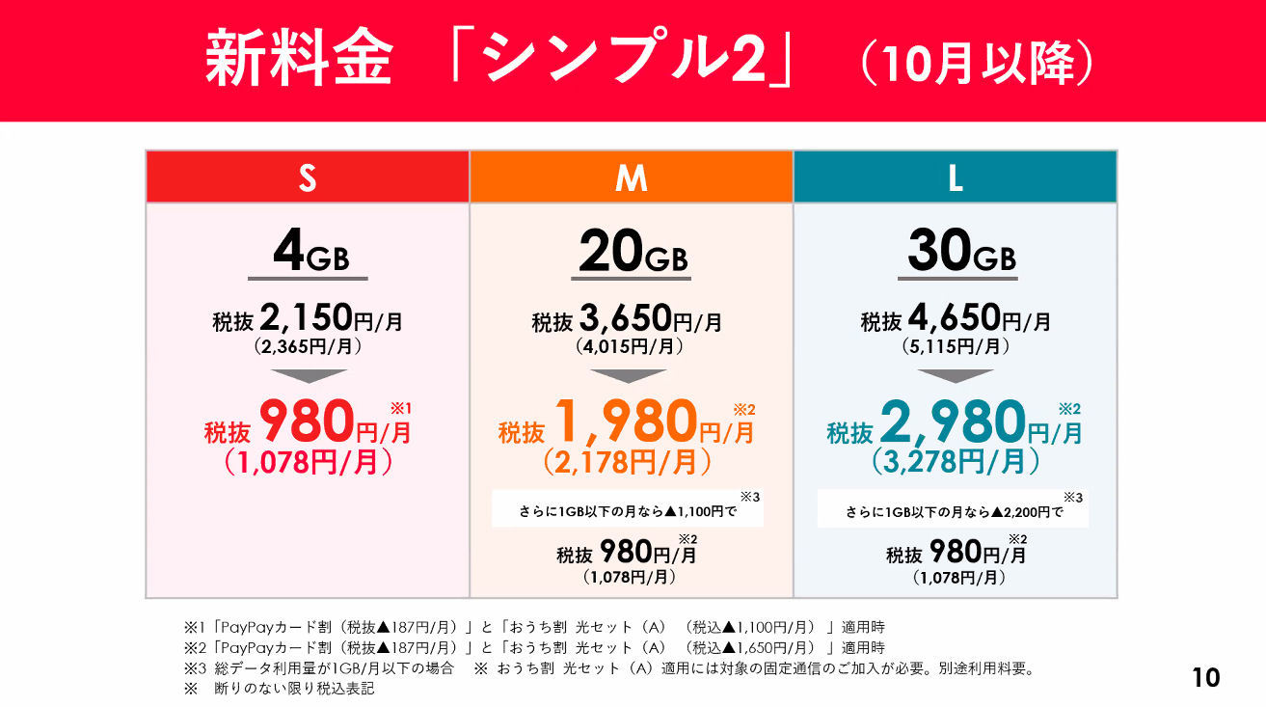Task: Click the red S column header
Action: point(308,177)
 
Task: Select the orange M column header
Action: point(632,177)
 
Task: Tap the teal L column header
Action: point(956,177)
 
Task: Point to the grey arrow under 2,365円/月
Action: point(308,375)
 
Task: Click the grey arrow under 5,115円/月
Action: point(956,375)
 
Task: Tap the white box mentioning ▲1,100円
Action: point(627,509)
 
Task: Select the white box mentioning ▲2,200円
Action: point(953,509)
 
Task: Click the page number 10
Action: point(1205,677)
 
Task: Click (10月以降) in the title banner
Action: point(975,65)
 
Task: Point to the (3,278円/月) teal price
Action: point(956,462)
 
